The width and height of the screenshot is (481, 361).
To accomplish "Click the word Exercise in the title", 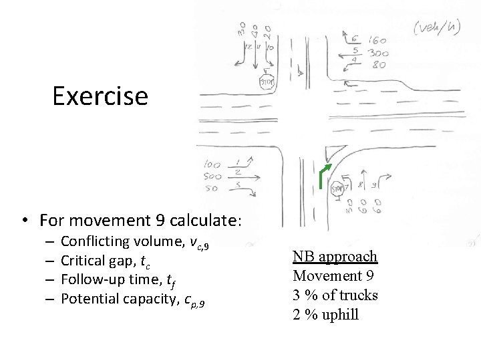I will pos(100,96).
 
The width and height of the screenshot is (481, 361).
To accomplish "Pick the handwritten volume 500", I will pos(213,176).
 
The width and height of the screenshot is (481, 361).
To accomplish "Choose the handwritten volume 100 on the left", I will pos(213,164).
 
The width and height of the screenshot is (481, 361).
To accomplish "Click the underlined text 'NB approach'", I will pos(335,257).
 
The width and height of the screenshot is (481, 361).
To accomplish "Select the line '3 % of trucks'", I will pos(335,295).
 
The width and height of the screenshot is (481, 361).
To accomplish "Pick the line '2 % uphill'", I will pos(325,314).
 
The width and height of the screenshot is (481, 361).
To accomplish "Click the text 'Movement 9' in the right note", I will pos(333,275).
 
